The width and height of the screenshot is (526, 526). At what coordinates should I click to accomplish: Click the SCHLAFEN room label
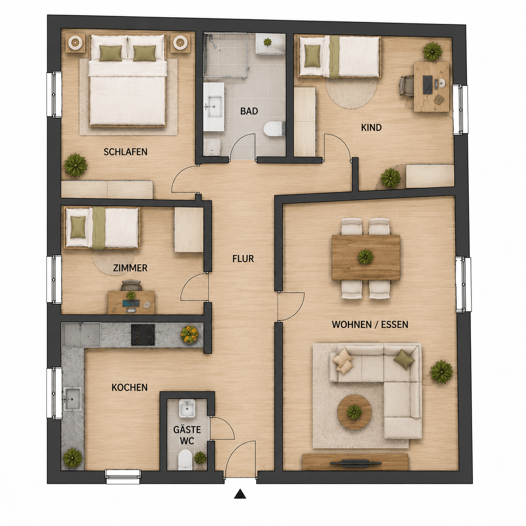pyautogui.click(x=125, y=152)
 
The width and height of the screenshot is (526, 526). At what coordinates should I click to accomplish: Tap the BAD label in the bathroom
pyautogui.click(x=249, y=111)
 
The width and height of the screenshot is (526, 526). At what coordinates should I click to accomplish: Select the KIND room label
pyautogui.click(x=371, y=128)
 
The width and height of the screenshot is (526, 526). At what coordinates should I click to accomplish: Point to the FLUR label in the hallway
pyautogui.click(x=243, y=258)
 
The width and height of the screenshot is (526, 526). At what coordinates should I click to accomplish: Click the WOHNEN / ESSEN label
pyautogui.click(x=370, y=325)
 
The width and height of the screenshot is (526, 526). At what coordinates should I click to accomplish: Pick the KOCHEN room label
pyautogui.click(x=130, y=387)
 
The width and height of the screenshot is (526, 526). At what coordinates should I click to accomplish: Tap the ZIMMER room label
pyautogui.click(x=130, y=268)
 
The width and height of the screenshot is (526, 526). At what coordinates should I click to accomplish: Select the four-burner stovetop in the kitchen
pyautogui.click(x=143, y=335)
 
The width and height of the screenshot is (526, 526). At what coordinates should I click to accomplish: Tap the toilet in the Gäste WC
pyautogui.click(x=185, y=459)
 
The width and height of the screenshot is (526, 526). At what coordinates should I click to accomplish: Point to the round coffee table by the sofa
pyautogui.click(x=354, y=412)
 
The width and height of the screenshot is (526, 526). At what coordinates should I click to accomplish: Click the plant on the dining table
pyautogui.click(x=366, y=257)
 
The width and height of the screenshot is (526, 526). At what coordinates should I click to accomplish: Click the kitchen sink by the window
pyautogui.click(x=72, y=399)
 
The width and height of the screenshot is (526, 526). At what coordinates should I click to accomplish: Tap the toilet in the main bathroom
pyautogui.click(x=274, y=129)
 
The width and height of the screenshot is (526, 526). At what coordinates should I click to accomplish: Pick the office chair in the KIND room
pyautogui.click(x=407, y=86)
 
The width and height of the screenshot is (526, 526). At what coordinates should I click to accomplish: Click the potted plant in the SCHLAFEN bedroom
pyautogui.click(x=76, y=165)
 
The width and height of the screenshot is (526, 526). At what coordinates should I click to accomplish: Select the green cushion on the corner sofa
pyautogui.click(x=404, y=359)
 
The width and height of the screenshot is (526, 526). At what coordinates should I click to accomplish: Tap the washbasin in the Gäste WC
pyautogui.click(x=187, y=409)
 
